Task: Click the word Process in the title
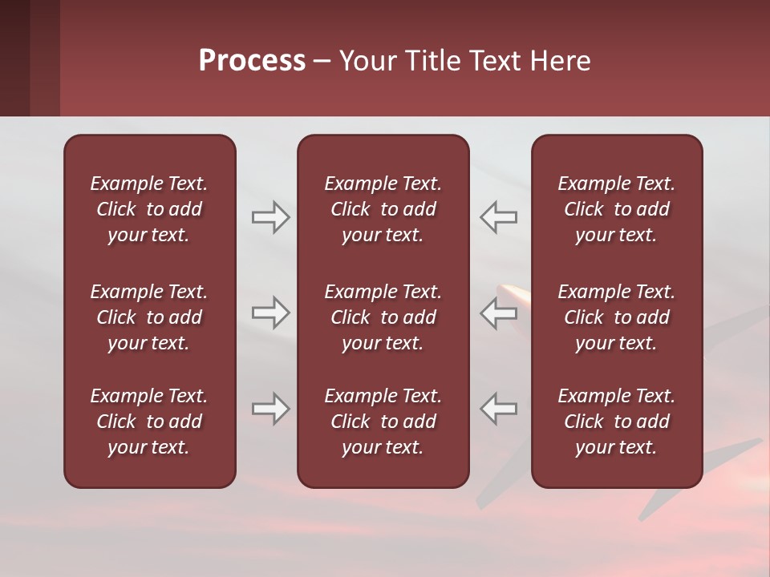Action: (252, 61)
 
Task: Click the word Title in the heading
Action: (434, 61)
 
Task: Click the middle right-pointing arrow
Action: (270, 313)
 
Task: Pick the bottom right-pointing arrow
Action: (270, 409)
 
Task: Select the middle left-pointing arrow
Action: (499, 313)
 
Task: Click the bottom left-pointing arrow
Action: (499, 409)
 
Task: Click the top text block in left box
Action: (149, 209)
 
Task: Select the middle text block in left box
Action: (149, 317)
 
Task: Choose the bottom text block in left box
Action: (149, 422)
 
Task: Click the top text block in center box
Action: (383, 209)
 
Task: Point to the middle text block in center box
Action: (383, 317)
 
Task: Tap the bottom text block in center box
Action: (383, 422)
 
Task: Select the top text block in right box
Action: (617, 209)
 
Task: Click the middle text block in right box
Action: (617, 317)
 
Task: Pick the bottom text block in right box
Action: (617, 422)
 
